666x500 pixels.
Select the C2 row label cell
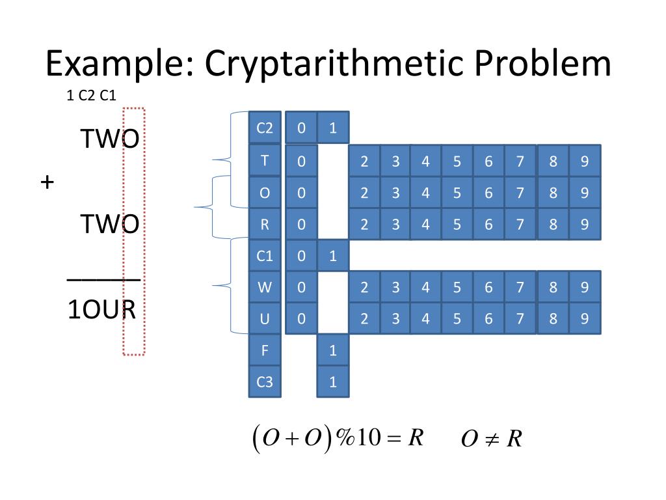pyautogui.click(x=265, y=128)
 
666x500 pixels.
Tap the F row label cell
pyautogui.click(x=265, y=350)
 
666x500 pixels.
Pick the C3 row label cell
pyautogui.click(x=265, y=382)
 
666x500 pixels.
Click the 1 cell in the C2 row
pyautogui.click(x=333, y=128)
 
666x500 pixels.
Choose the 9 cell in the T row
pyautogui.click(x=585, y=161)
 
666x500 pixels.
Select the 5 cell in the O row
pyautogui.click(x=457, y=193)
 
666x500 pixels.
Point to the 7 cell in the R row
pyautogui.click(x=520, y=225)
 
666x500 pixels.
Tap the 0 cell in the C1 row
pyautogui.click(x=301, y=256)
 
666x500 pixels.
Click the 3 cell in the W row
pyautogui.click(x=395, y=287)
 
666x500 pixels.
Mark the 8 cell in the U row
pyautogui.click(x=553, y=318)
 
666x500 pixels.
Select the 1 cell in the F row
pyautogui.click(x=333, y=350)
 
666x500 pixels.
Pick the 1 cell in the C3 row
pyautogui.click(x=333, y=382)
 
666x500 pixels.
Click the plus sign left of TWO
pyautogui.click(x=47, y=182)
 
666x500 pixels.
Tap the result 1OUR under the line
pyautogui.click(x=101, y=311)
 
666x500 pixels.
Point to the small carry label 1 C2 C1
pyautogui.click(x=91, y=96)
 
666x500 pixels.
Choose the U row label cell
pyautogui.click(x=265, y=318)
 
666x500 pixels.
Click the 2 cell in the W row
pyautogui.click(x=364, y=287)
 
